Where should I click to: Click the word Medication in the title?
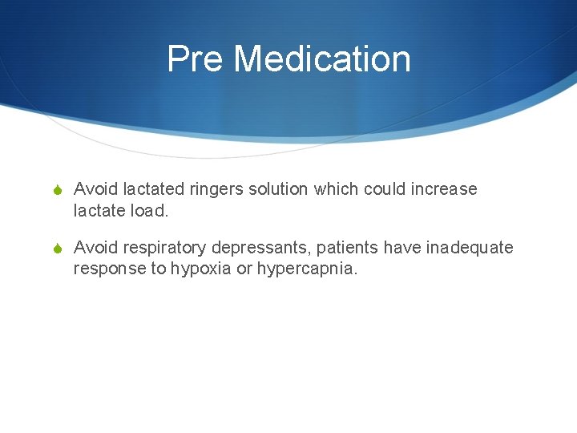322,59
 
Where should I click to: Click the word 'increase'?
442,189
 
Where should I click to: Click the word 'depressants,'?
258,248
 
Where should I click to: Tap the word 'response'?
109,269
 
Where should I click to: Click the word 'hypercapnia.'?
307,269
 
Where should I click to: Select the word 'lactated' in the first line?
153,189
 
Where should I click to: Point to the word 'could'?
381,189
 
